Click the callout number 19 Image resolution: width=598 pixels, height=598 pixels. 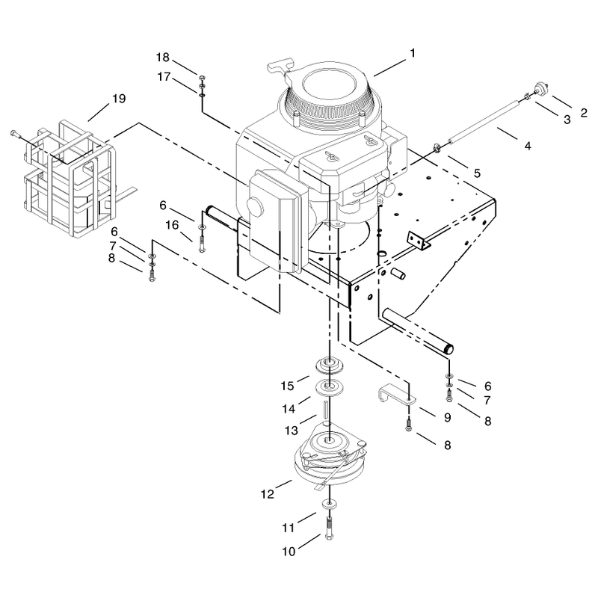pos(119,99)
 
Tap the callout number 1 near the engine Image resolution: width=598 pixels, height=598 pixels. pos(413,53)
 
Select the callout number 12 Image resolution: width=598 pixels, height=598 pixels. pos(268,494)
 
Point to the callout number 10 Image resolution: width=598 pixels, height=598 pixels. pos(289,552)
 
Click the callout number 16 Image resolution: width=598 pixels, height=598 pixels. pos(172,225)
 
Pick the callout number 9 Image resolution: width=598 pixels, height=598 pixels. pos(447,417)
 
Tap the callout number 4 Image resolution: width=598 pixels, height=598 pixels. pos(528,146)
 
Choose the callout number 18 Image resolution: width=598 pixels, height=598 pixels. pos(162,58)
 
